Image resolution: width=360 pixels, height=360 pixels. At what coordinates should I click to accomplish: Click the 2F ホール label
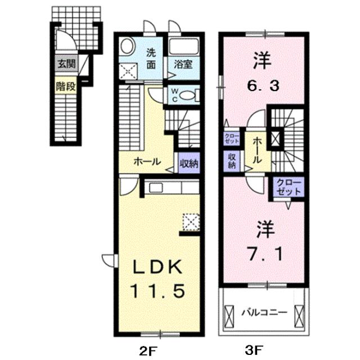148,161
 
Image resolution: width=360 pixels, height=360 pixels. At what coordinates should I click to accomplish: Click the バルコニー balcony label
265,311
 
